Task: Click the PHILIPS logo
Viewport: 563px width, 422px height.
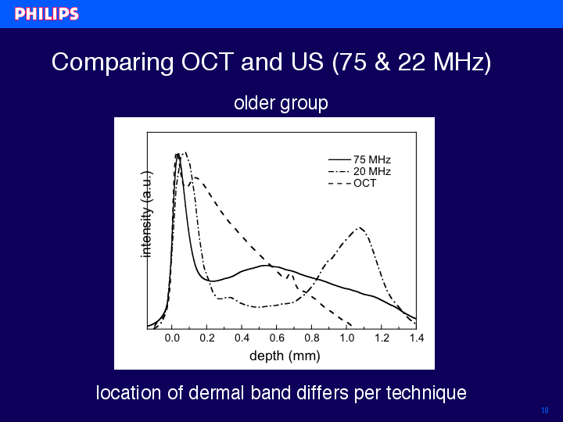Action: [x=47, y=14]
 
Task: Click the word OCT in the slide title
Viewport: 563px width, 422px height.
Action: [x=207, y=62]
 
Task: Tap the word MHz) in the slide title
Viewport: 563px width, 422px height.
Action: [x=462, y=63]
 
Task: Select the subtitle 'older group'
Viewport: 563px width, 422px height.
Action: [x=281, y=103]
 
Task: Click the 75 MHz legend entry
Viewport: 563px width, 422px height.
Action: [x=360, y=159]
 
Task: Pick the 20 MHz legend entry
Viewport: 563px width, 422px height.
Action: [x=360, y=171]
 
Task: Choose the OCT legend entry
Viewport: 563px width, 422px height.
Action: [x=352, y=183]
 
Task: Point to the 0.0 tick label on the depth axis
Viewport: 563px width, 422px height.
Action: [x=172, y=338]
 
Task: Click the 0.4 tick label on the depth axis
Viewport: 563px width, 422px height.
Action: [x=242, y=338]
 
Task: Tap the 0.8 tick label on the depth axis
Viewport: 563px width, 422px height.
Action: [x=312, y=338]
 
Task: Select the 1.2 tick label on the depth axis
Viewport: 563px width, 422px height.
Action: [x=382, y=338]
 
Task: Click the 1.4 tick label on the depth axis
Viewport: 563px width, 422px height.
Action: [x=417, y=338]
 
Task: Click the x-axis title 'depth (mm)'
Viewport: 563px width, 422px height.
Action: [x=285, y=356]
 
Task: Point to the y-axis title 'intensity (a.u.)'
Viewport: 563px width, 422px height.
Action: [x=146, y=214]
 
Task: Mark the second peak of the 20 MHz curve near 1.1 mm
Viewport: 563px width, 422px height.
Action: [x=360, y=227]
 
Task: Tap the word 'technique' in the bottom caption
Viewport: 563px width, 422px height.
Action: [x=426, y=394]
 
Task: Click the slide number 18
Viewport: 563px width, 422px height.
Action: [x=545, y=410]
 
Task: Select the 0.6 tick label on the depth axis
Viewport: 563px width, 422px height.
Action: [x=277, y=338]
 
